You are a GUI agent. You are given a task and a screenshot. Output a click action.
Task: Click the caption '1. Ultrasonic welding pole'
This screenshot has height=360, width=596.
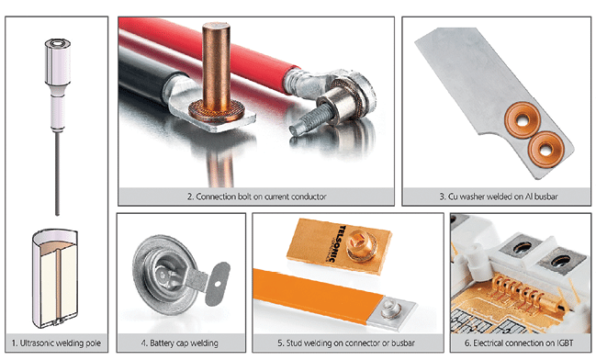[x=56, y=343]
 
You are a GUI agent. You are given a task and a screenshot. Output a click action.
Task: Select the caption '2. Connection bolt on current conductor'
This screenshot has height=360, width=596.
[x=256, y=197]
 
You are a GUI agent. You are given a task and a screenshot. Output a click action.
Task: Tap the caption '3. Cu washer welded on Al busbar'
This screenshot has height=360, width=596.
[x=499, y=197]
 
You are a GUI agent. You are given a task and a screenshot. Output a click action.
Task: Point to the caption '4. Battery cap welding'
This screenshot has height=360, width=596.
[x=180, y=343]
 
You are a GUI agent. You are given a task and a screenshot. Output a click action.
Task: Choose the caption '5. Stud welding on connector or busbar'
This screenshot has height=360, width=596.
[x=346, y=343]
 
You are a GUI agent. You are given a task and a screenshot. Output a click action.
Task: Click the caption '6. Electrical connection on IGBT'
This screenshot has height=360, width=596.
[x=519, y=343]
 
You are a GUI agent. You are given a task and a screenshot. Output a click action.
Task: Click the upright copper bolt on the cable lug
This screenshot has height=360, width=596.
[x=216, y=69]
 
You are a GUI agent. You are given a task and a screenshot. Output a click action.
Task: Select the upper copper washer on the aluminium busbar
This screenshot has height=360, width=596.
[x=523, y=119]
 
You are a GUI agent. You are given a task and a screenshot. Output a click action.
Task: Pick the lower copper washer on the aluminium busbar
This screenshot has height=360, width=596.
[x=545, y=150]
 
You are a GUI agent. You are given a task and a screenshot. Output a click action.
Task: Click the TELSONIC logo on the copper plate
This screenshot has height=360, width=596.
[x=335, y=243]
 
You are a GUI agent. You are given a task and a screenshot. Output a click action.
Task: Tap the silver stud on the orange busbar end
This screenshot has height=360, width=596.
[x=389, y=309]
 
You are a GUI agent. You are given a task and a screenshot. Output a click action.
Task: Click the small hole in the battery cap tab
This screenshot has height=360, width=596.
[x=218, y=283]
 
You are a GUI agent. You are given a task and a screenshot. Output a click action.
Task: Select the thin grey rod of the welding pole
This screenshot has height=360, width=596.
[x=57, y=173]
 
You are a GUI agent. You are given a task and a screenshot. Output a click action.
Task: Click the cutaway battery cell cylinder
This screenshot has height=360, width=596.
[x=56, y=278]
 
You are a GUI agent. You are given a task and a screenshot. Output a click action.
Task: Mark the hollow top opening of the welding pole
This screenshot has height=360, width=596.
[x=58, y=43]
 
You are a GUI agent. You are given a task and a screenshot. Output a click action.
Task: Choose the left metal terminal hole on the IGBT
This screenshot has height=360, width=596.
[x=522, y=247]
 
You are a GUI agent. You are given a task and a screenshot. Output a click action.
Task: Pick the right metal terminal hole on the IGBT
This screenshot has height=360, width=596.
[x=560, y=261]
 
